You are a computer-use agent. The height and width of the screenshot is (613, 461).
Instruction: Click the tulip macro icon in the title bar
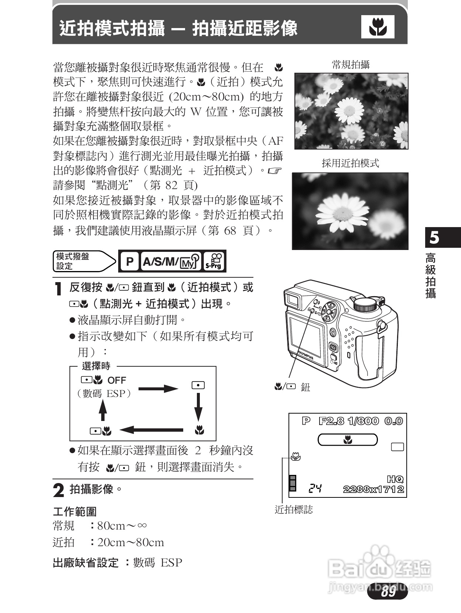[378, 27]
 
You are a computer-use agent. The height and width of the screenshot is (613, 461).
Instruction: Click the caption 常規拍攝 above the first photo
[351, 65]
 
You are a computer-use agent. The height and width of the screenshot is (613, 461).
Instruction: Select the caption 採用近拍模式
[350, 163]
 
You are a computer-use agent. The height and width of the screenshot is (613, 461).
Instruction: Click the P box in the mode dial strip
[129, 261]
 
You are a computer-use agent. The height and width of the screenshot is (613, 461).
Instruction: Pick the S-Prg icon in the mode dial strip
[214, 261]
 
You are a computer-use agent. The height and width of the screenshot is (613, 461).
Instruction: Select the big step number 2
[58, 490]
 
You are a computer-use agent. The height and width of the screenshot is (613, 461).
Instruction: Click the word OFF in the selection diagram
[117, 380]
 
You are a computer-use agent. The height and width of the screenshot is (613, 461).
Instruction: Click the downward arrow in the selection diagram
[198, 406]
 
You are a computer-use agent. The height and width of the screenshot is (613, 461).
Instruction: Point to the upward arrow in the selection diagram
[103, 410]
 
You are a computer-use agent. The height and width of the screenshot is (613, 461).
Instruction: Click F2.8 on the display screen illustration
[331, 421]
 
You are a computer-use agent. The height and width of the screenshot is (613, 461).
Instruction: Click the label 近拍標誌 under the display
[294, 510]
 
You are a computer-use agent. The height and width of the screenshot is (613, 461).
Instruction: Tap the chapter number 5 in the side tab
[435, 238]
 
